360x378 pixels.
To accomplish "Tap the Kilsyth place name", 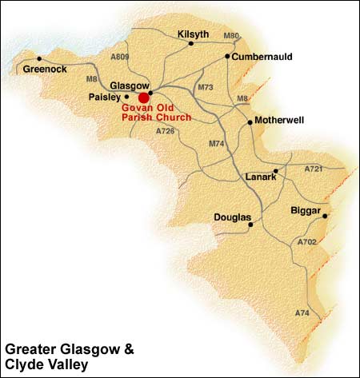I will tap(190, 34).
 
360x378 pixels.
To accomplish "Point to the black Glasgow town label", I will tap(129, 85).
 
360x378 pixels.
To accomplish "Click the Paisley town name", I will tap(104, 97).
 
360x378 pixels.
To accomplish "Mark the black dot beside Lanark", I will tap(275, 171).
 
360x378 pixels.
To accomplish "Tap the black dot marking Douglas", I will tap(251, 225).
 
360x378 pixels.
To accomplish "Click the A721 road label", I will tap(314, 169).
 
